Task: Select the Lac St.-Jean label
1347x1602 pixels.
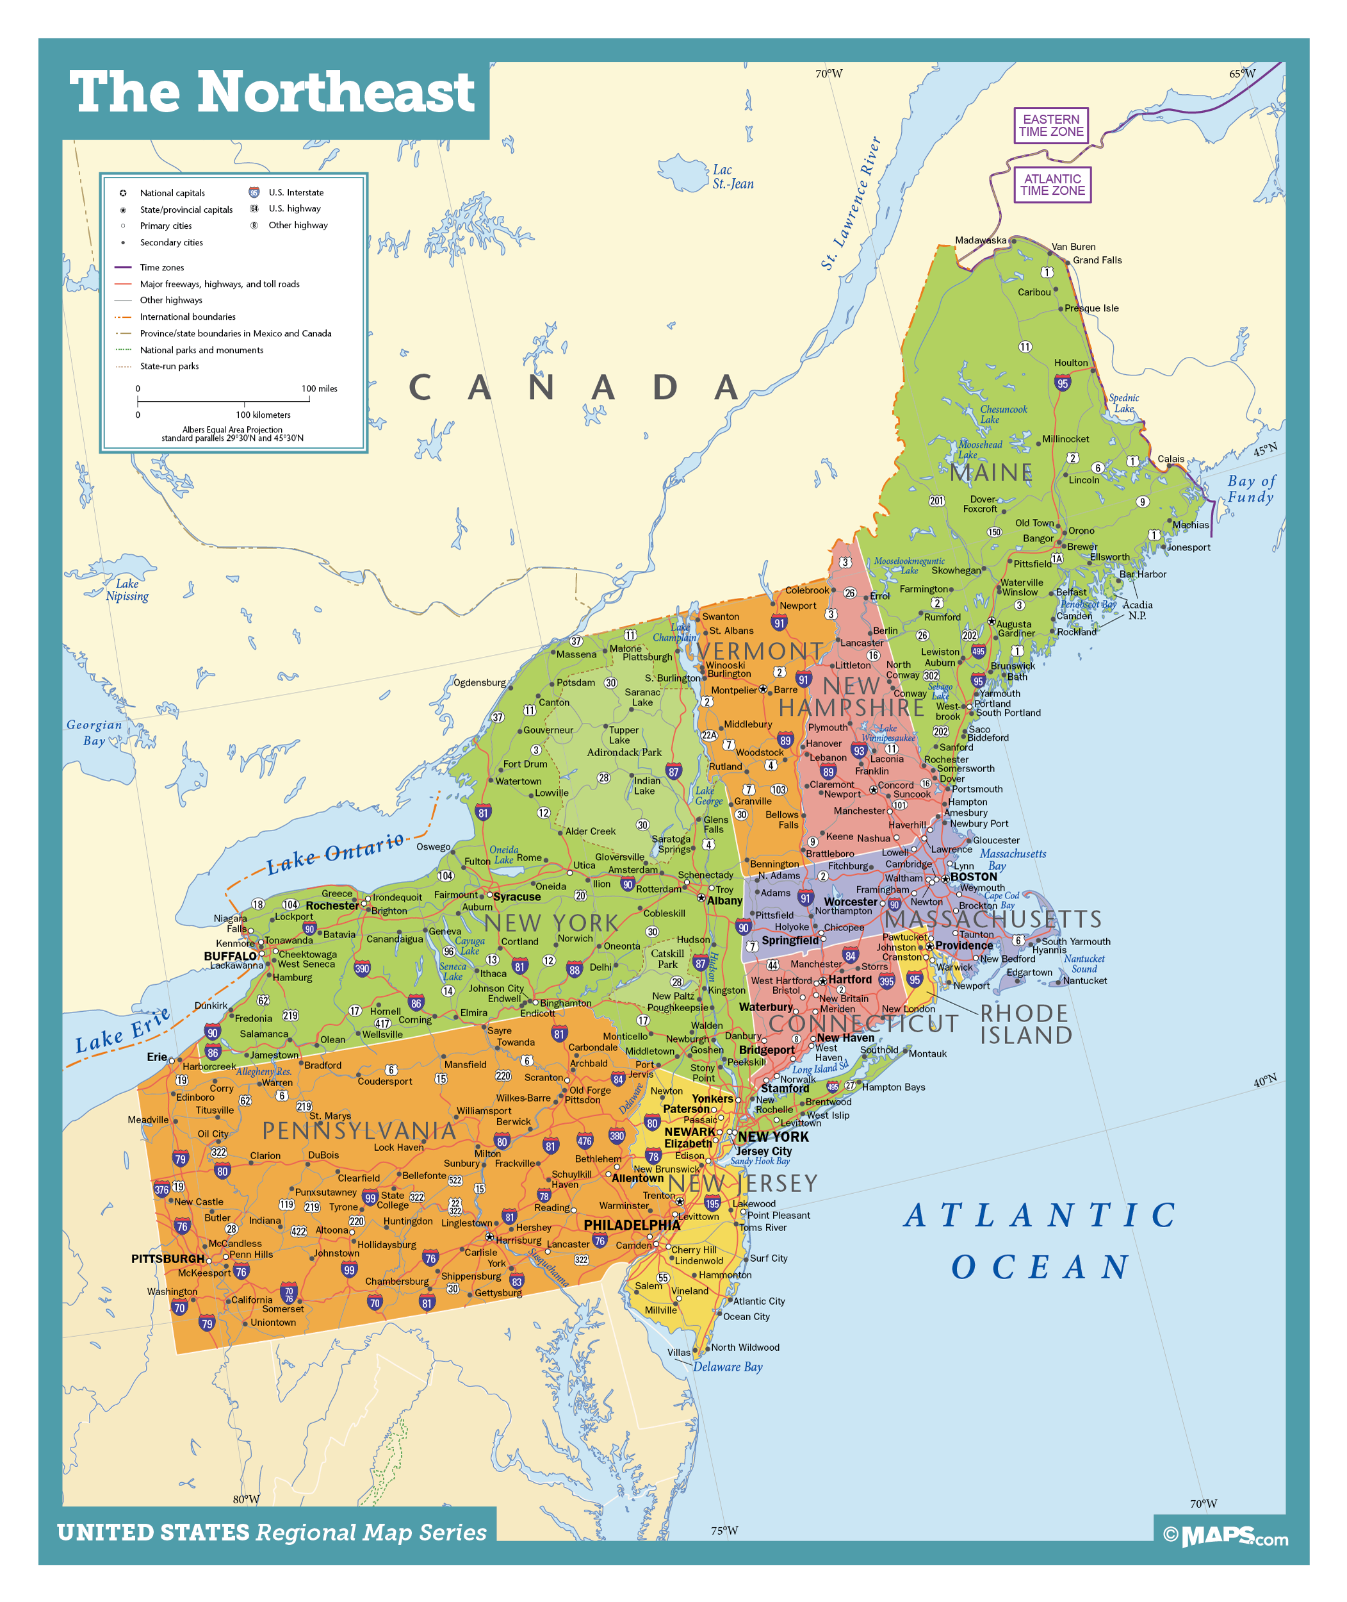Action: [x=732, y=178]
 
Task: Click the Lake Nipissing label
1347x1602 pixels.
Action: [x=127, y=590]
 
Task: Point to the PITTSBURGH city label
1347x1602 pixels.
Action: [x=167, y=1259]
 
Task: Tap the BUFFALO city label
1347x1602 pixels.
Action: [x=230, y=955]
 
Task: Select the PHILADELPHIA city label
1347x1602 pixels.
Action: [x=632, y=1225]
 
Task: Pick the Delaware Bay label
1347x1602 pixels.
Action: [x=727, y=1367]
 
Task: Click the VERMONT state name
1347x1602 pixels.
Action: [x=760, y=651]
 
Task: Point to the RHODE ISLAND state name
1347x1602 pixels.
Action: [x=1025, y=1025]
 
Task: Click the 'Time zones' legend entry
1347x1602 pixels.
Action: [x=161, y=267]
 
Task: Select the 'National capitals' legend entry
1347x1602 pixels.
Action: [x=172, y=194]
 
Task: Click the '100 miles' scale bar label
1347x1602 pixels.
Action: [x=319, y=388]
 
